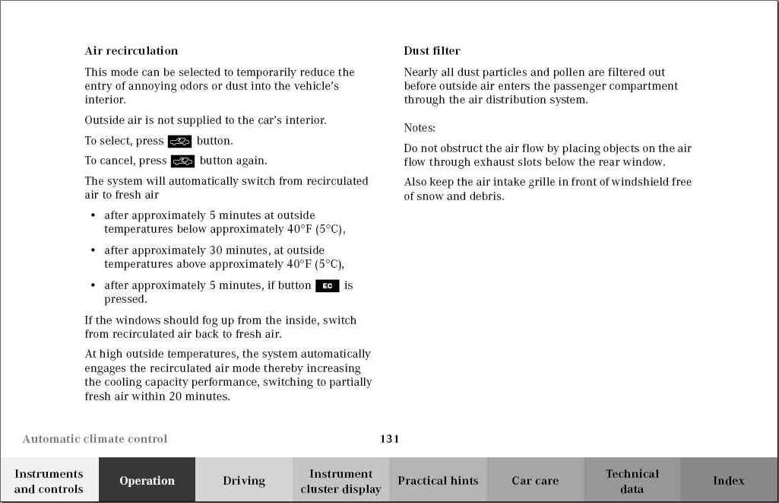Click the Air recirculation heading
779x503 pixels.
pos(131,51)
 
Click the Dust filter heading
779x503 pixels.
pos(432,51)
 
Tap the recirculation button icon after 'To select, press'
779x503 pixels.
pos(180,141)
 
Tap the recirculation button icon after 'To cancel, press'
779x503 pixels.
pos(183,161)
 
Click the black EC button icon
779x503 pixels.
pos(327,285)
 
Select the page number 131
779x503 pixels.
pos(389,438)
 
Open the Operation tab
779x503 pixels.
pos(147,480)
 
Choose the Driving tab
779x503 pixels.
pos(244,480)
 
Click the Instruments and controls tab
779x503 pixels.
pos(49,481)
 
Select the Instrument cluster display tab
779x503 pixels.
pos(340,481)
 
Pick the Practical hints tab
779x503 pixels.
pos(438,480)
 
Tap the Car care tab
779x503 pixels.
pos(535,480)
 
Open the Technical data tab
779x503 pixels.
pos(632,481)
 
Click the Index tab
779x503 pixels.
pos(728,480)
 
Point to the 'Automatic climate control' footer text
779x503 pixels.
pos(95,438)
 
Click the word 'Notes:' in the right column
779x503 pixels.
pos(420,128)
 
